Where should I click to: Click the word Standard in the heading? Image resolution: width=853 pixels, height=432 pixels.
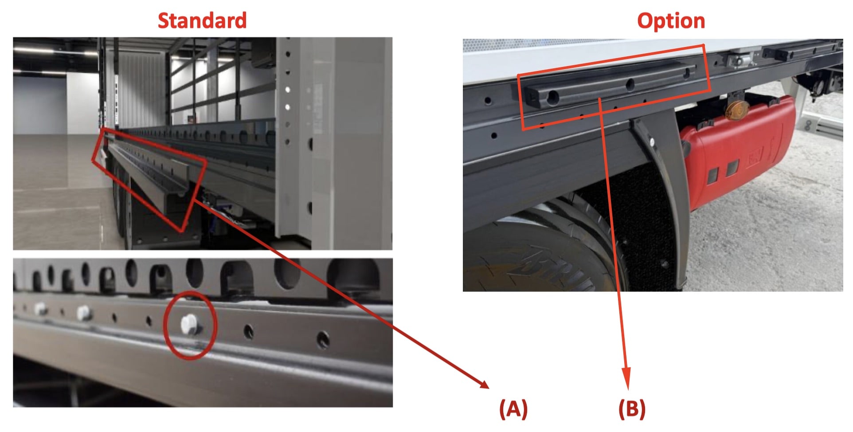[202, 21]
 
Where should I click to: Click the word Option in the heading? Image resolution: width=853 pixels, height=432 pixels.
[671, 21]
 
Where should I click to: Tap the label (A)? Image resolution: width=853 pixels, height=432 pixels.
[513, 408]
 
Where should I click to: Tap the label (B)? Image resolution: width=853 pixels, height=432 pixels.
[632, 408]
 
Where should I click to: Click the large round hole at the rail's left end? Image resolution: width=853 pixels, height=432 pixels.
[552, 97]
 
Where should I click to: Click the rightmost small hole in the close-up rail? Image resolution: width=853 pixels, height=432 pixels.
[323, 339]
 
